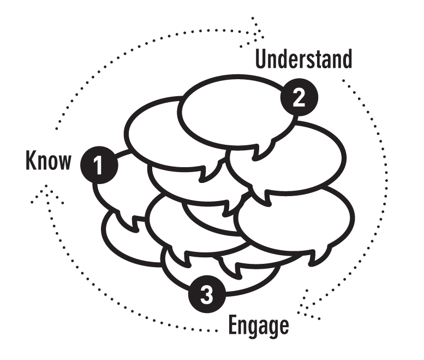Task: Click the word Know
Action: pos(49,161)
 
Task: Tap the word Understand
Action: pos(304,59)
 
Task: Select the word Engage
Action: pos(258,326)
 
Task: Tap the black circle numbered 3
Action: pos(207,295)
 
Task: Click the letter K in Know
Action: pos(31,161)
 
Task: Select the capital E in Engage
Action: pos(232,325)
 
